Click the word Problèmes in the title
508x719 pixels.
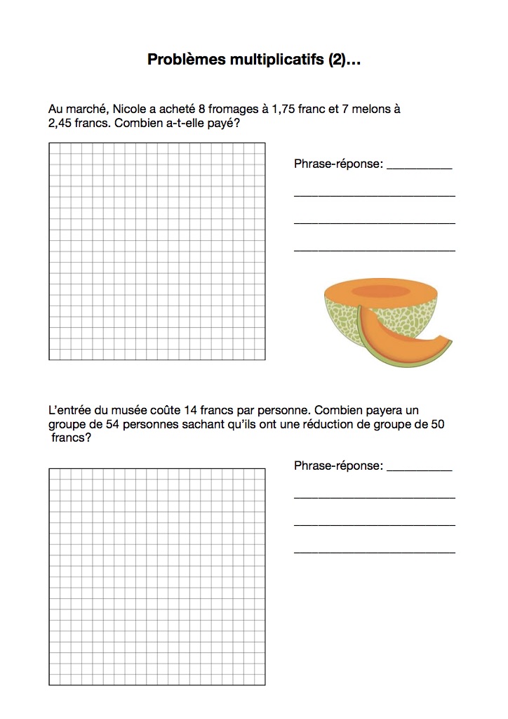186,60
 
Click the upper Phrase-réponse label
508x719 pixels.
339,164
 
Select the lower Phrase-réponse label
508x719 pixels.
339,466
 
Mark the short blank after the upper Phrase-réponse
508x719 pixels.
419,167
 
